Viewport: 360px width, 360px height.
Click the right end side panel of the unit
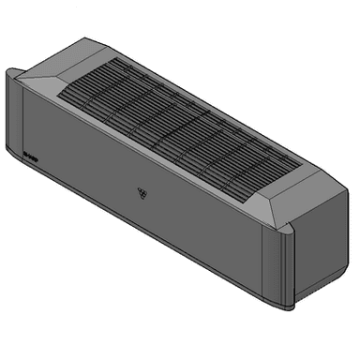(319, 248)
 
